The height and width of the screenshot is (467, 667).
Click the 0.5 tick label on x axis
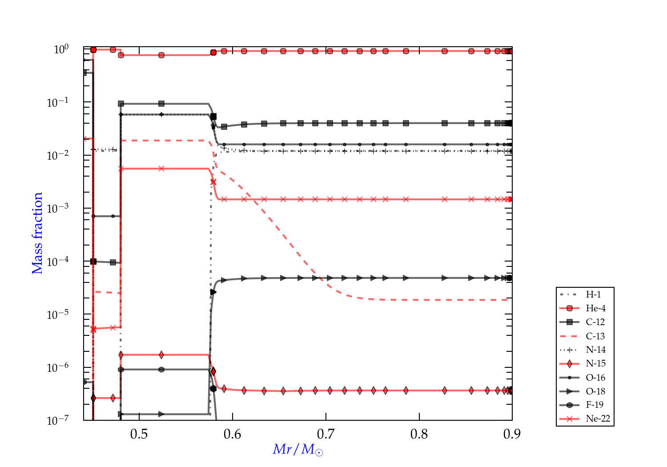pyautogui.click(x=139, y=434)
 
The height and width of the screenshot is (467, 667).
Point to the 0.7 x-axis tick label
pyautogui.click(x=326, y=434)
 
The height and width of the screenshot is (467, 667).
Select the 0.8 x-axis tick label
pyautogui.click(x=419, y=434)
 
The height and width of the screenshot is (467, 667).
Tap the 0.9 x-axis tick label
pyautogui.click(x=512, y=434)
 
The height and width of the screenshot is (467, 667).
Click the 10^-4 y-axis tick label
pyautogui.click(x=58, y=262)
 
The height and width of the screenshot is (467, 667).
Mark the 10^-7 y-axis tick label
pyautogui.click(x=58, y=420)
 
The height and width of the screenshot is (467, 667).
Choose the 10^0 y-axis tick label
pyautogui.click(x=61, y=49)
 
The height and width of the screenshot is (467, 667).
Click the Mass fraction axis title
pyautogui.click(x=37, y=233)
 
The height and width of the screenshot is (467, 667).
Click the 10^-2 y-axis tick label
pyautogui.click(x=58, y=155)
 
